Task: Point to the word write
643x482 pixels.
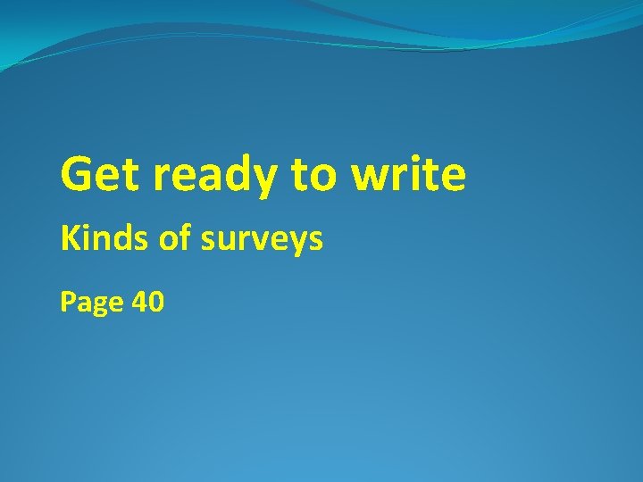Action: click(x=408, y=174)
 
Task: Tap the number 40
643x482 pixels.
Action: click(x=147, y=303)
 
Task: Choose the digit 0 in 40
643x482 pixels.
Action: click(x=156, y=303)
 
